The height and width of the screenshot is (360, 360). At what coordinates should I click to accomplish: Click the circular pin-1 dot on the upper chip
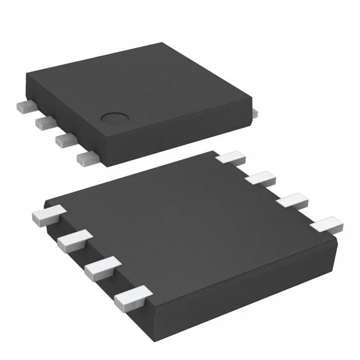(x=115, y=118)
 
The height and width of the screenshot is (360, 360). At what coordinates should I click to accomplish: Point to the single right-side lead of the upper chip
(x=254, y=113)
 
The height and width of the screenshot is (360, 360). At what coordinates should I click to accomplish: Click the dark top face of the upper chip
(x=141, y=84)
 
